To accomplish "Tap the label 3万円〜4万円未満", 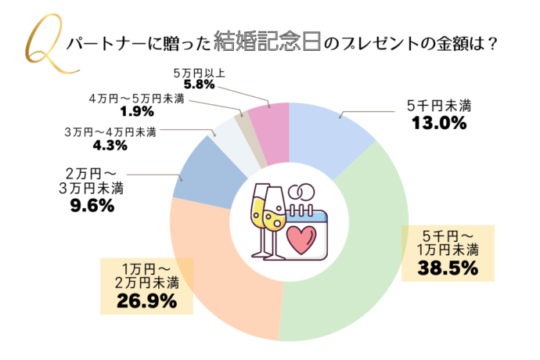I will (x=110, y=131).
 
